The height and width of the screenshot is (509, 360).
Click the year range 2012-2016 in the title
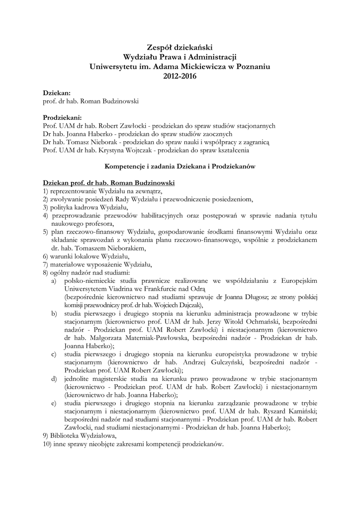pos(180,77)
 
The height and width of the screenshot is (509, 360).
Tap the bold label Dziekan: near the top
pos(57,93)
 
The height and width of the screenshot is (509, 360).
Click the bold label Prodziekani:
pos(62,118)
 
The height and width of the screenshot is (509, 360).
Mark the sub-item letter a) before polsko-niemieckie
pos(53,281)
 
